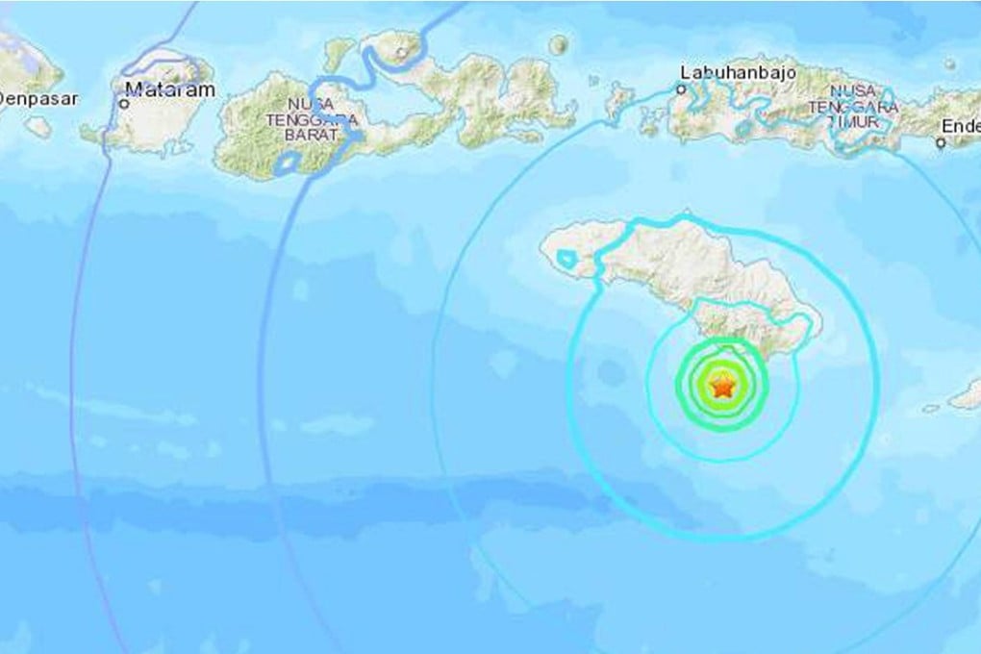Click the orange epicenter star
click(x=721, y=388)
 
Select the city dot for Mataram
click(x=124, y=101)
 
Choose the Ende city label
click(x=963, y=126)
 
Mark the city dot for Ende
click(x=940, y=143)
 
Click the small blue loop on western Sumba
click(x=567, y=258)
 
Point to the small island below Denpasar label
click(x=38, y=126)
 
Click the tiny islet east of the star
click(x=930, y=408)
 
